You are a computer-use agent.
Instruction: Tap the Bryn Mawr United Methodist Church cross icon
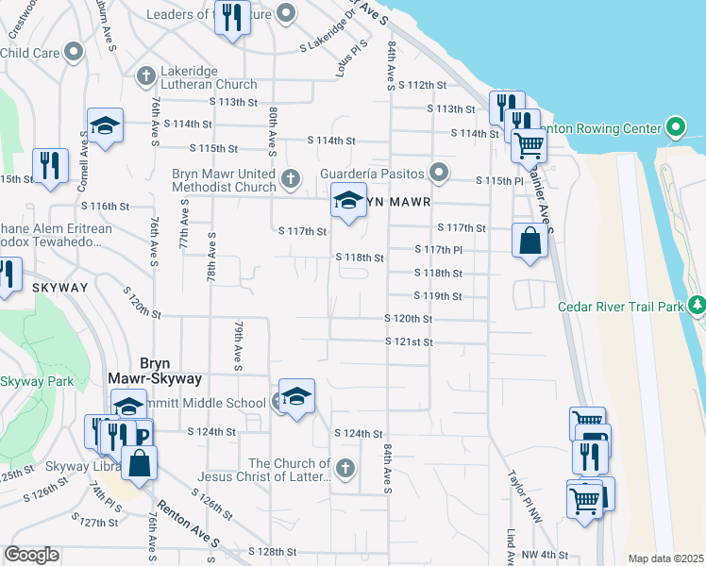tap(291, 177)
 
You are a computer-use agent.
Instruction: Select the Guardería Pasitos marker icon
tap(438, 173)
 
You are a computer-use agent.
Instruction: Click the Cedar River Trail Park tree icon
tap(697, 305)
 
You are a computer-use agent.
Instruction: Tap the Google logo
tap(31, 555)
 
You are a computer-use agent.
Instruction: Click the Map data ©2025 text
tap(665, 558)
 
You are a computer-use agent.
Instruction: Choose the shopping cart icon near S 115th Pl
tap(529, 145)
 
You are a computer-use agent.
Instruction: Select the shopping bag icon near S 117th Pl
tap(529, 240)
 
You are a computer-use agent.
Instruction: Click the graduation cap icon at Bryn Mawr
tap(348, 200)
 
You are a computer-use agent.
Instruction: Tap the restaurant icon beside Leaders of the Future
tap(231, 16)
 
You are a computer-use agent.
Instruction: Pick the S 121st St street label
tap(409, 341)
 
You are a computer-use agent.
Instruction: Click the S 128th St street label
tap(273, 551)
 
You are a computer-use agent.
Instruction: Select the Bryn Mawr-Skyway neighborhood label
tap(170, 371)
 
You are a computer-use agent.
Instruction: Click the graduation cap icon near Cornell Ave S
tap(105, 125)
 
